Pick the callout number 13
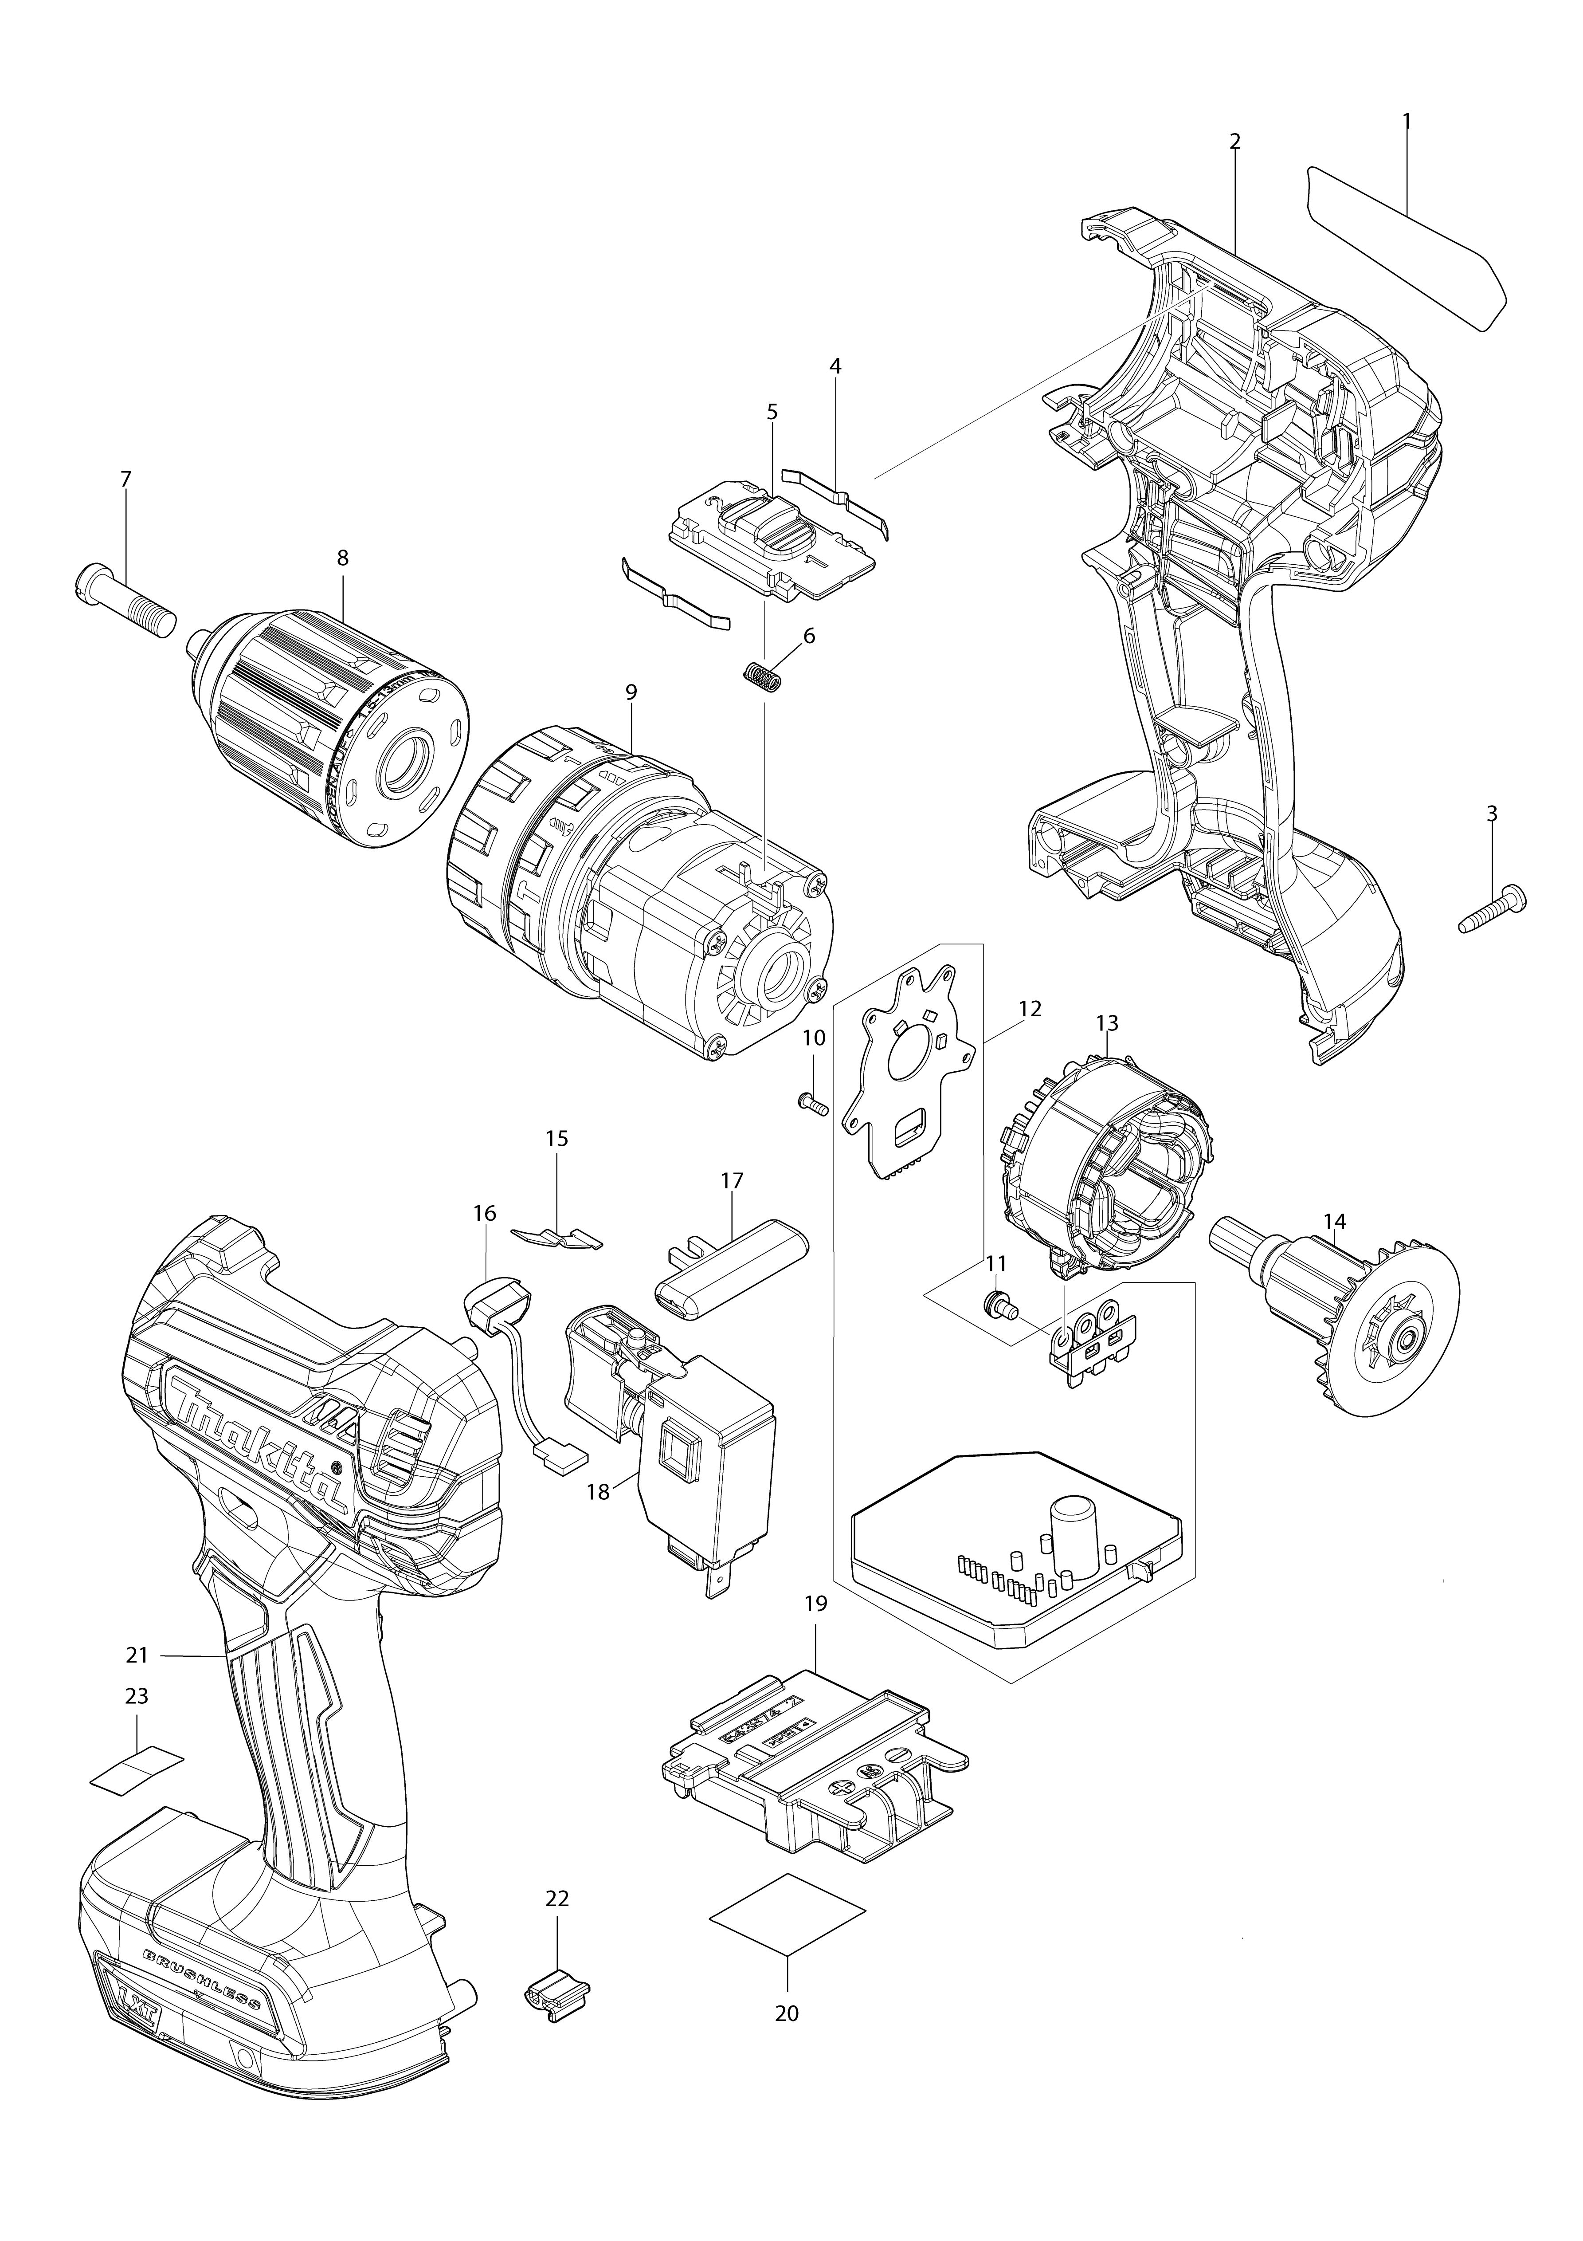click(1107, 1023)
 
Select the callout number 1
click(1407, 121)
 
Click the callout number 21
click(137, 1655)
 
